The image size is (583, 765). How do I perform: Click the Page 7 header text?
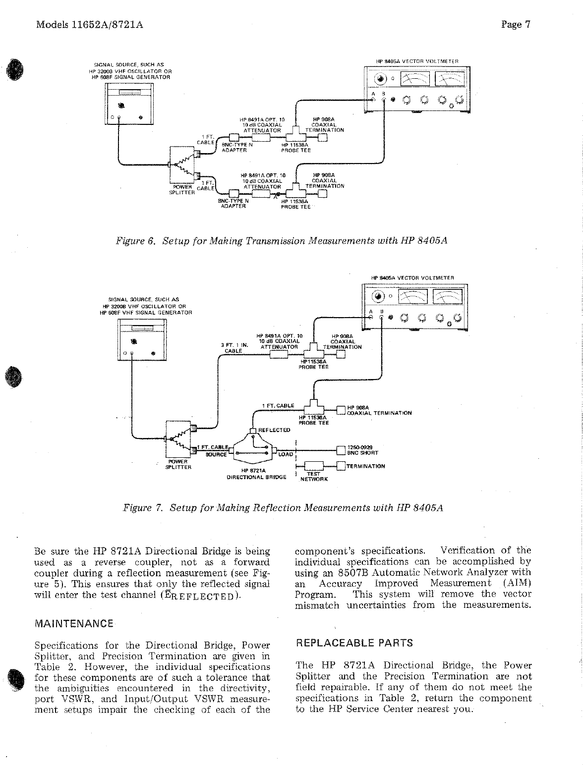click(x=516, y=25)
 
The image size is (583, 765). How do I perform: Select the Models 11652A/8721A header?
click(x=90, y=25)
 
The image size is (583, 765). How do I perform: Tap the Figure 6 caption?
click(x=282, y=241)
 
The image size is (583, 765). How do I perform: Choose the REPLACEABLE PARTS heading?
click(x=354, y=643)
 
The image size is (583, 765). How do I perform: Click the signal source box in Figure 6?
click(x=129, y=104)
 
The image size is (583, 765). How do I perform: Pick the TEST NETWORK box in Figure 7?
click(x=314, y=466)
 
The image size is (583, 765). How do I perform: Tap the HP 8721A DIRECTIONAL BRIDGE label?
click(x=256, y=474)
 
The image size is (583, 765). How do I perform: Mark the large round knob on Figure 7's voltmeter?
click(x=378, y=297)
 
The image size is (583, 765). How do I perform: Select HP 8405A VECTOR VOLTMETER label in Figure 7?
click(x=412, y=278)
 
